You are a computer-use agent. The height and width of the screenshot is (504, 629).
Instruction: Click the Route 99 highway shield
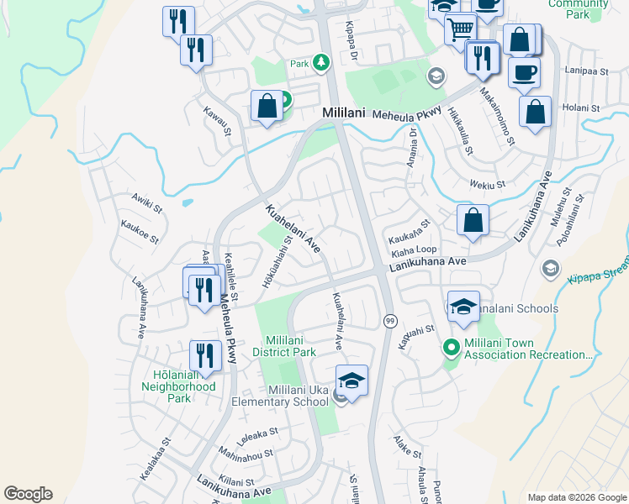point(390,321)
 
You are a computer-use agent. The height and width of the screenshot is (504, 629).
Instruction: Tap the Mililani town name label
point(345,112)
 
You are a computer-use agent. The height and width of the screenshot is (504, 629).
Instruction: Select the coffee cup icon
point(524,73)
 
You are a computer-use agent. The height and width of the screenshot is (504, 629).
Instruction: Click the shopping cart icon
point(459,30)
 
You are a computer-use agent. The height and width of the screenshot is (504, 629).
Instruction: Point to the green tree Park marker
point(320,62)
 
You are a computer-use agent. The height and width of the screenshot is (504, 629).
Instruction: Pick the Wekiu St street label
point(488,184)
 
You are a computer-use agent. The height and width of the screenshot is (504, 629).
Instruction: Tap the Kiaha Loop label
point(414,249)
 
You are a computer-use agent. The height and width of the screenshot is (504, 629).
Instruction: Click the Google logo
point(28,494)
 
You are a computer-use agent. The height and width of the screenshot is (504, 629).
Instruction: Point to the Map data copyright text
point(576,497)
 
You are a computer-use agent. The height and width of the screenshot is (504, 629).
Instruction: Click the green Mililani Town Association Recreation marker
point(450,346)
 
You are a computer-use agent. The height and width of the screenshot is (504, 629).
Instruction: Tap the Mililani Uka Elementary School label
point(298,396)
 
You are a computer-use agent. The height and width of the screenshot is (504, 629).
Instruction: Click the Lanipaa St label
point(587,71)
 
